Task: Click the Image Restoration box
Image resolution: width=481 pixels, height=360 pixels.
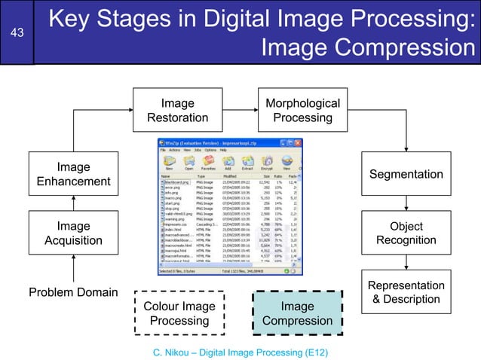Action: click(x=177, y=110)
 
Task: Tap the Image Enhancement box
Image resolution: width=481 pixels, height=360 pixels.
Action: click(x=73, y=174)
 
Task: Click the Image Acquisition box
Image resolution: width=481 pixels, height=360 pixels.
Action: click(x=73, y=233)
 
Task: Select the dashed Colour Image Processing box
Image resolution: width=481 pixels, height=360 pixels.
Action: click(x=179, y=313)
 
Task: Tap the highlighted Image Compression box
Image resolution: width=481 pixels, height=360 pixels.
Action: click(x=297, y=313)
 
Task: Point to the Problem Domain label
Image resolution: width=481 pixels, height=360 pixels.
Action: click(x=73, y=291)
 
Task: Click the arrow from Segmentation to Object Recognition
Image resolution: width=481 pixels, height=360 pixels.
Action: click(x=407, y=202)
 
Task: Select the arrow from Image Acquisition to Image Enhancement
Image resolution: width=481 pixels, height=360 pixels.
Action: click(x=73, y=202)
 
